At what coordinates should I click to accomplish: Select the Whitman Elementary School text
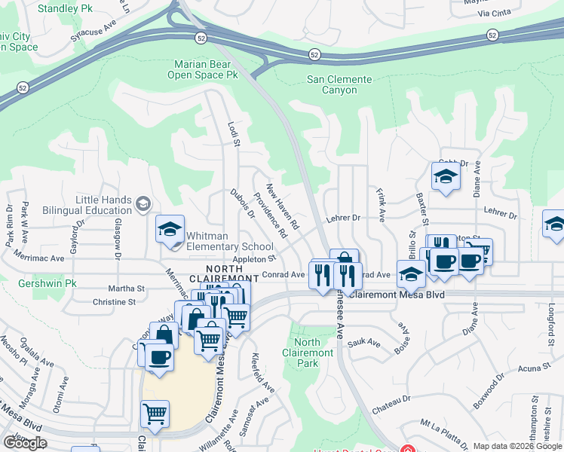pos(229,241)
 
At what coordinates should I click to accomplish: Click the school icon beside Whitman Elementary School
pos(170,229)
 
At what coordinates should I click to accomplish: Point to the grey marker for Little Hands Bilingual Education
pos(142,203)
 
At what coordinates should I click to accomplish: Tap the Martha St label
pos(127,288)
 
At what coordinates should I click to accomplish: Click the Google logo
pos(25,442)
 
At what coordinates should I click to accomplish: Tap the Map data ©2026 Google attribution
pos(517,446)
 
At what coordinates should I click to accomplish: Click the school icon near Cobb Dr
pos(446,177)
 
